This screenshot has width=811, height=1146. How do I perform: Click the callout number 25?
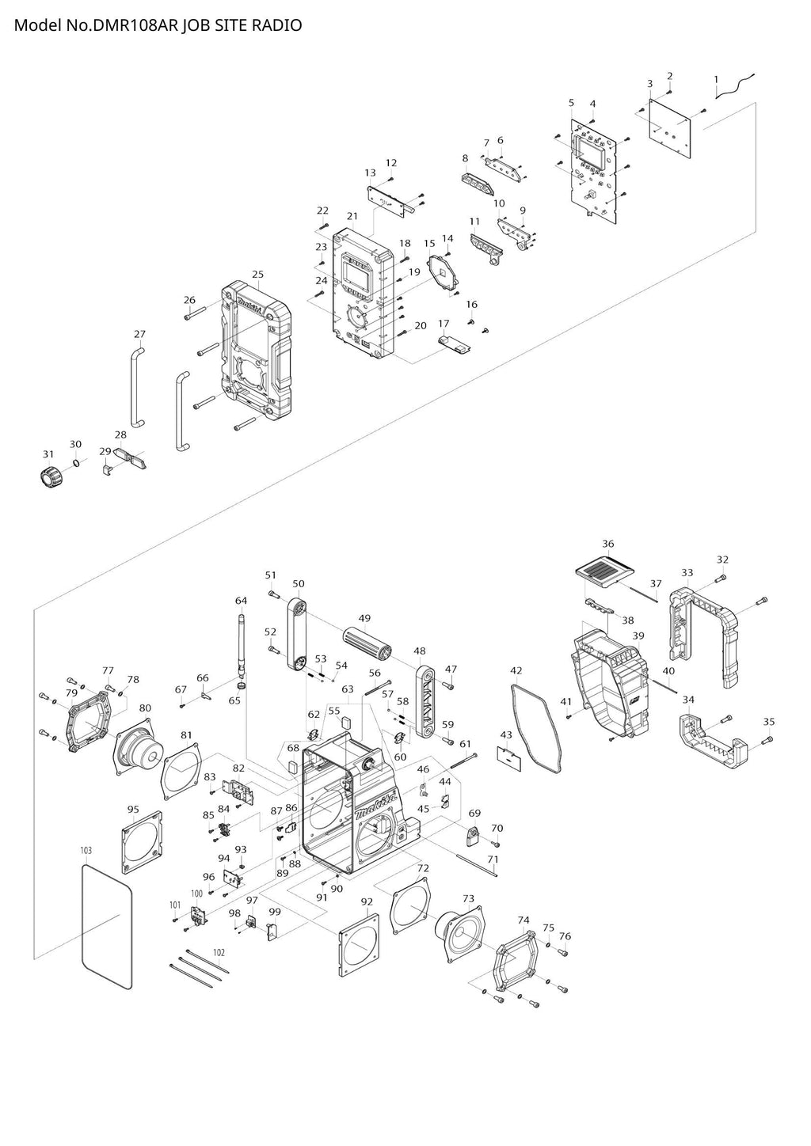tap(257, 275)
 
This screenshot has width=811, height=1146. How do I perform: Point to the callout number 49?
tap(364, 618)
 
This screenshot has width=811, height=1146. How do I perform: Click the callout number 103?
tap(86, 850)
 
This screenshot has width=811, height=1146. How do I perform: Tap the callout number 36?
tap(607, 544)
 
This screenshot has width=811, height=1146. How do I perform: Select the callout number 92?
tap(367, 901)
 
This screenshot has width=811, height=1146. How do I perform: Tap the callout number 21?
tap(352, 216)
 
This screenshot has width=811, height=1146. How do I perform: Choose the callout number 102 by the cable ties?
tap(219, 952)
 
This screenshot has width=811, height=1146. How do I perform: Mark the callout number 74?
tap(524, 920)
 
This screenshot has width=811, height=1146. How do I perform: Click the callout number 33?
tap(687, 573)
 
